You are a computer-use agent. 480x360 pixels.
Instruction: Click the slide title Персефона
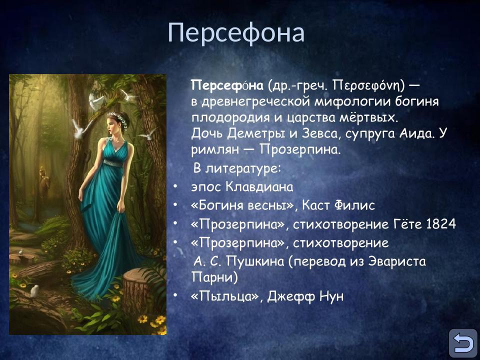[236, 33]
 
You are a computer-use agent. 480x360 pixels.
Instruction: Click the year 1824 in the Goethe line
[441, 224]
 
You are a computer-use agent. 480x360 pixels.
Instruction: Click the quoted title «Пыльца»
[225, 296]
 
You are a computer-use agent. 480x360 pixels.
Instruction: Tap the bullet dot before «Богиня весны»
[175, 205]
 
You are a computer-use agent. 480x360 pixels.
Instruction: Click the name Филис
[357, 205]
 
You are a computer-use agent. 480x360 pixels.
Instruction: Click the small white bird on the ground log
[34, 290]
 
